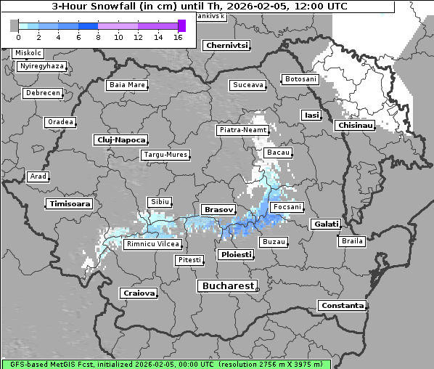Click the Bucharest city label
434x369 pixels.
(x=228, y=286)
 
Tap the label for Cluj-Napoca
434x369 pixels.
(x=121, y=139)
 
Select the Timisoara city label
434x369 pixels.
(x=70, y=204)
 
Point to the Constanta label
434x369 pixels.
(x=342, y=306)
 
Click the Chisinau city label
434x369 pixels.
(x=355, y=126)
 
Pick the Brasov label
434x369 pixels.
(x=218, y=209)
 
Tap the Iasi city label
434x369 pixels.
(x=311, y=115)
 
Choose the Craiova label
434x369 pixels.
(x=139, y=293)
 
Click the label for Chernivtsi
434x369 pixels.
(x=226, y=45)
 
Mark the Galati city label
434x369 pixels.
(x=326, y=224)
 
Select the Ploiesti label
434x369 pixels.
(x=236, y=255)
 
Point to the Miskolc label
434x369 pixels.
(x=28, y=53)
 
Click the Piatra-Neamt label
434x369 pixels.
(x=242, y=130)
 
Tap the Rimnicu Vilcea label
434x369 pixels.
(x=152, y=244)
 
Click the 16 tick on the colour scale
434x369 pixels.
(x=178, y=36)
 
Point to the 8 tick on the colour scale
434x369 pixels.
(x=98, y=36)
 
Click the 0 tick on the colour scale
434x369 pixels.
(x=18, y=36)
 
